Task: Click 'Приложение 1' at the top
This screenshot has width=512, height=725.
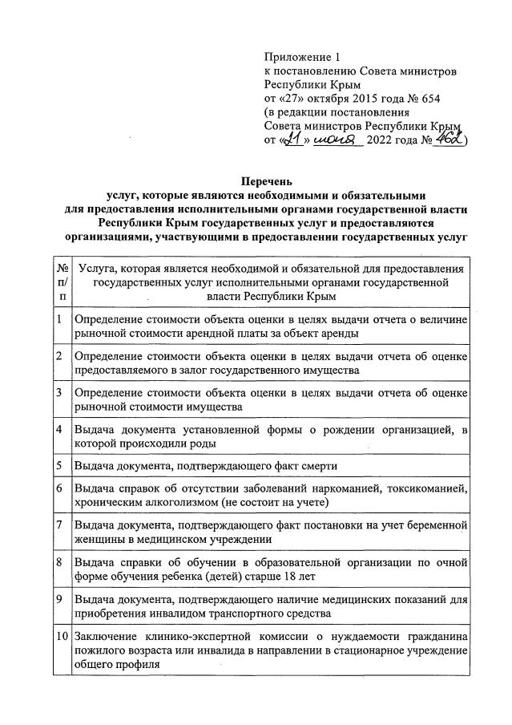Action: click(x=302, y=57)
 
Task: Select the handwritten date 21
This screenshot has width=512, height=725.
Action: click(x=296, y=140)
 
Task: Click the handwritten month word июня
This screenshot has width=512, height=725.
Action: click(x=337, y=140)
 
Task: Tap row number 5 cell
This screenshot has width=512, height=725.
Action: click(x=62, y=464)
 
